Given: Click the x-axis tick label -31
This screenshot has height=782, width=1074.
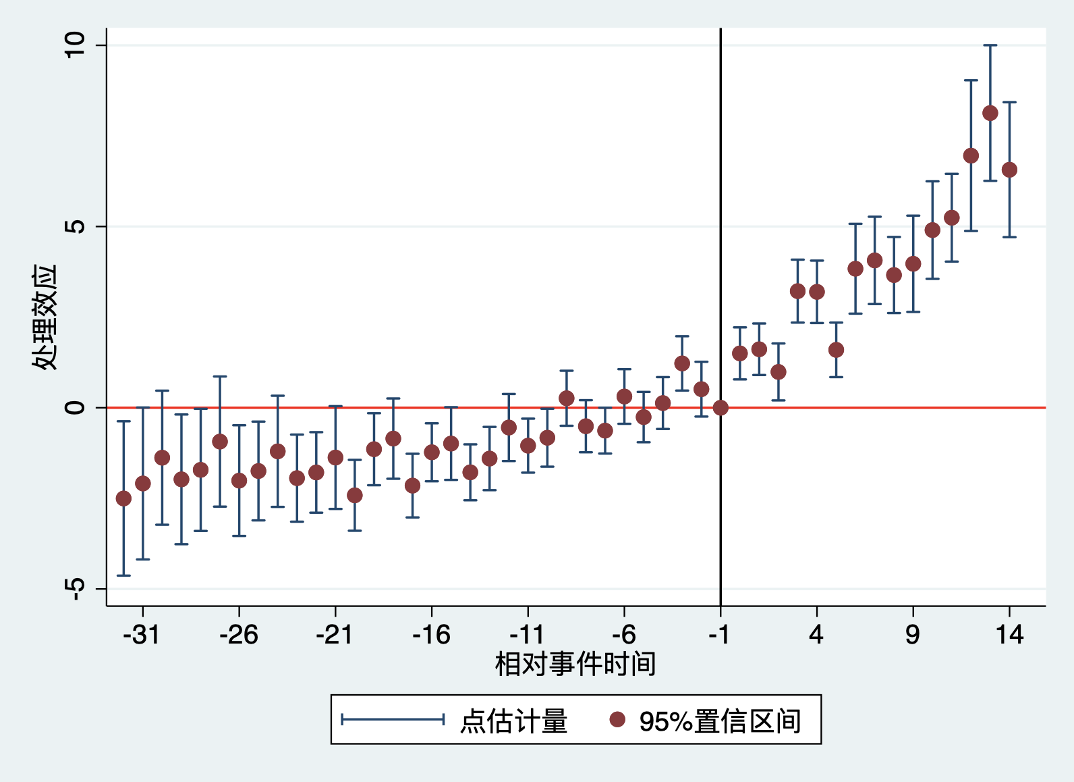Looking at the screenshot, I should (141, 635).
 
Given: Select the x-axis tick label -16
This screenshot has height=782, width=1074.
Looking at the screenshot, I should (431, 635).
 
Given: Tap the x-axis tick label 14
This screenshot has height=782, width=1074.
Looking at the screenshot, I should (1009, 635).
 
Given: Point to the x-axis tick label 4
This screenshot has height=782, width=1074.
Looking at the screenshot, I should (816, 635).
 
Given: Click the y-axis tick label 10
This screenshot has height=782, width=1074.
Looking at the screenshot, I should (74, 45).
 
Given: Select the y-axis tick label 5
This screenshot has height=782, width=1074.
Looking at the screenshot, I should (74, 226).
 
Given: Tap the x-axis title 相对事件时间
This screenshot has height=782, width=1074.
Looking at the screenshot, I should (575, 664).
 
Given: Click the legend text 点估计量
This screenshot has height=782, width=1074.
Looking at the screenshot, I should (514, 721).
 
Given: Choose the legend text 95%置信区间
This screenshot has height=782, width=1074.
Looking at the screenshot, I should (720, 721).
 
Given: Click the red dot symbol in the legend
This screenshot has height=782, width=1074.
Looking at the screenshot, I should (617, 719).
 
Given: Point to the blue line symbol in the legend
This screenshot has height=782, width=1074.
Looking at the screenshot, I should (393, 719).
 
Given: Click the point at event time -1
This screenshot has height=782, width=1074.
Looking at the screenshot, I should (720, 407).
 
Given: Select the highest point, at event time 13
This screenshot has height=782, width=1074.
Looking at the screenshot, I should (990, 113).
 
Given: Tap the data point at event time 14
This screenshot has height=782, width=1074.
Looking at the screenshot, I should (1009, 170).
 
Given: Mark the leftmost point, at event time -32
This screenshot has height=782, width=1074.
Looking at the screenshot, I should (123, 498).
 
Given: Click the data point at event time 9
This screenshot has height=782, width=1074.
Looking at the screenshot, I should (913, 263).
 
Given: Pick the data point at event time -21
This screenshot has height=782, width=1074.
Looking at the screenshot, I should (335, 458).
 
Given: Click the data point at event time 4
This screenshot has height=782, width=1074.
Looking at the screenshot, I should (817, 292).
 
